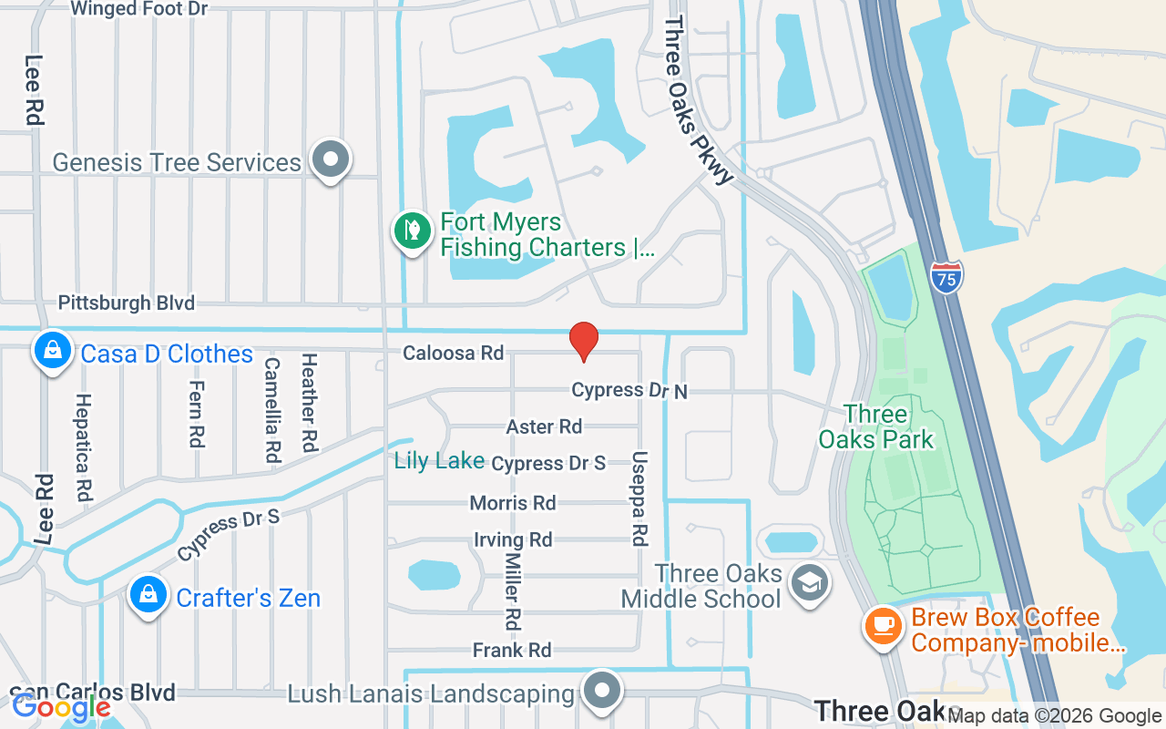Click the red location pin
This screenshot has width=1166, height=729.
(583, 340)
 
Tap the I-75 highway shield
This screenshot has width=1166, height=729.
(946, 277)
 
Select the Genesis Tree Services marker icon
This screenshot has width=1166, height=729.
(330, 159)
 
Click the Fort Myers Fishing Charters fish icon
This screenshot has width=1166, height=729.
(412, 230)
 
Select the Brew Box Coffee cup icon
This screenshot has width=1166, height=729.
(881, 627)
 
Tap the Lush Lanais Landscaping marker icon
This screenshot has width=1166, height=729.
(601, 692)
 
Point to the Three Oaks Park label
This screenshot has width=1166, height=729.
(875, 426)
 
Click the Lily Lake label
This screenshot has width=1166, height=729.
(439, 461)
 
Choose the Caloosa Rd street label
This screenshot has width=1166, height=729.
(454, 353)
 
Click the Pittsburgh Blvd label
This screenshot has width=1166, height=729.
(127, 303)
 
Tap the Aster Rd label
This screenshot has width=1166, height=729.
(544, 426)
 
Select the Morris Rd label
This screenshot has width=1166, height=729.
(513, 503)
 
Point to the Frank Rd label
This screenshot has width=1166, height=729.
(512, 650)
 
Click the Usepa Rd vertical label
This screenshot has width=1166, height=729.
(639, 498)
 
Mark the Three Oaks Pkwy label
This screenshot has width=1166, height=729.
(698, 100)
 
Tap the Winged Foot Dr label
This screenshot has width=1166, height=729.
(138, 9)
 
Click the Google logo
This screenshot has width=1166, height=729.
(61, 706)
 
